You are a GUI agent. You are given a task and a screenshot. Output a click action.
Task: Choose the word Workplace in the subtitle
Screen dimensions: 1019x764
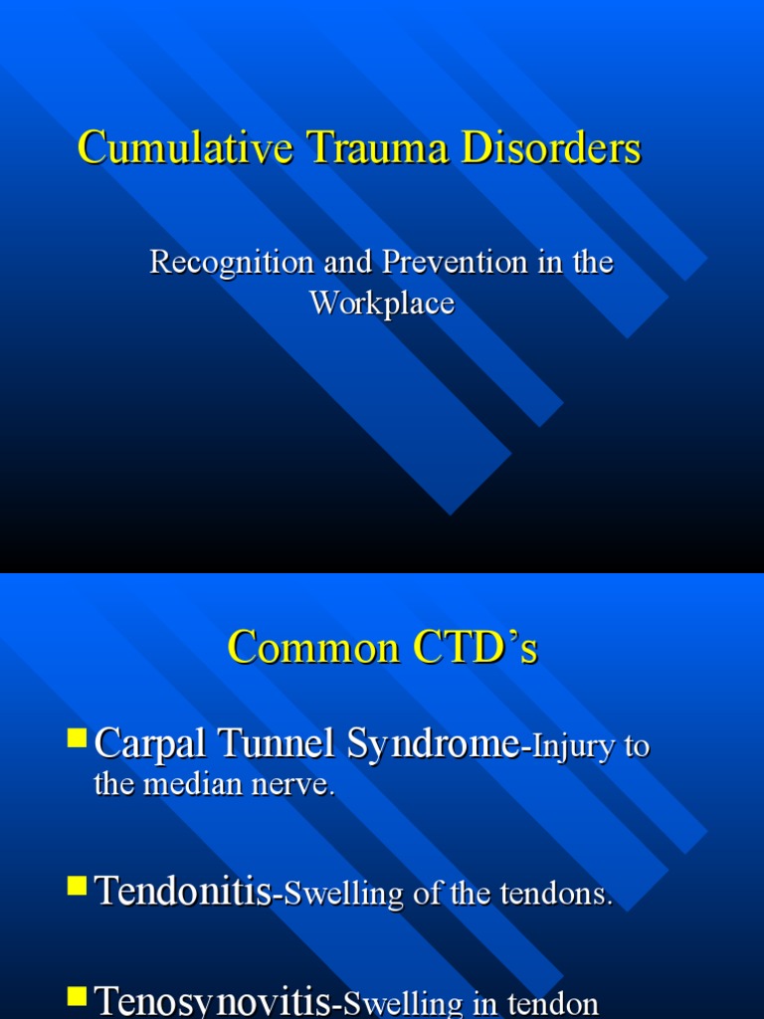point(381,303)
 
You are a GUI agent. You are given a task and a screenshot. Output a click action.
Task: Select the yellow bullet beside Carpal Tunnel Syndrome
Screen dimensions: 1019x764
point(77,738)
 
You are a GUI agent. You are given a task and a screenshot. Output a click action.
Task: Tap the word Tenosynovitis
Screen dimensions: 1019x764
point(212,1003)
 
